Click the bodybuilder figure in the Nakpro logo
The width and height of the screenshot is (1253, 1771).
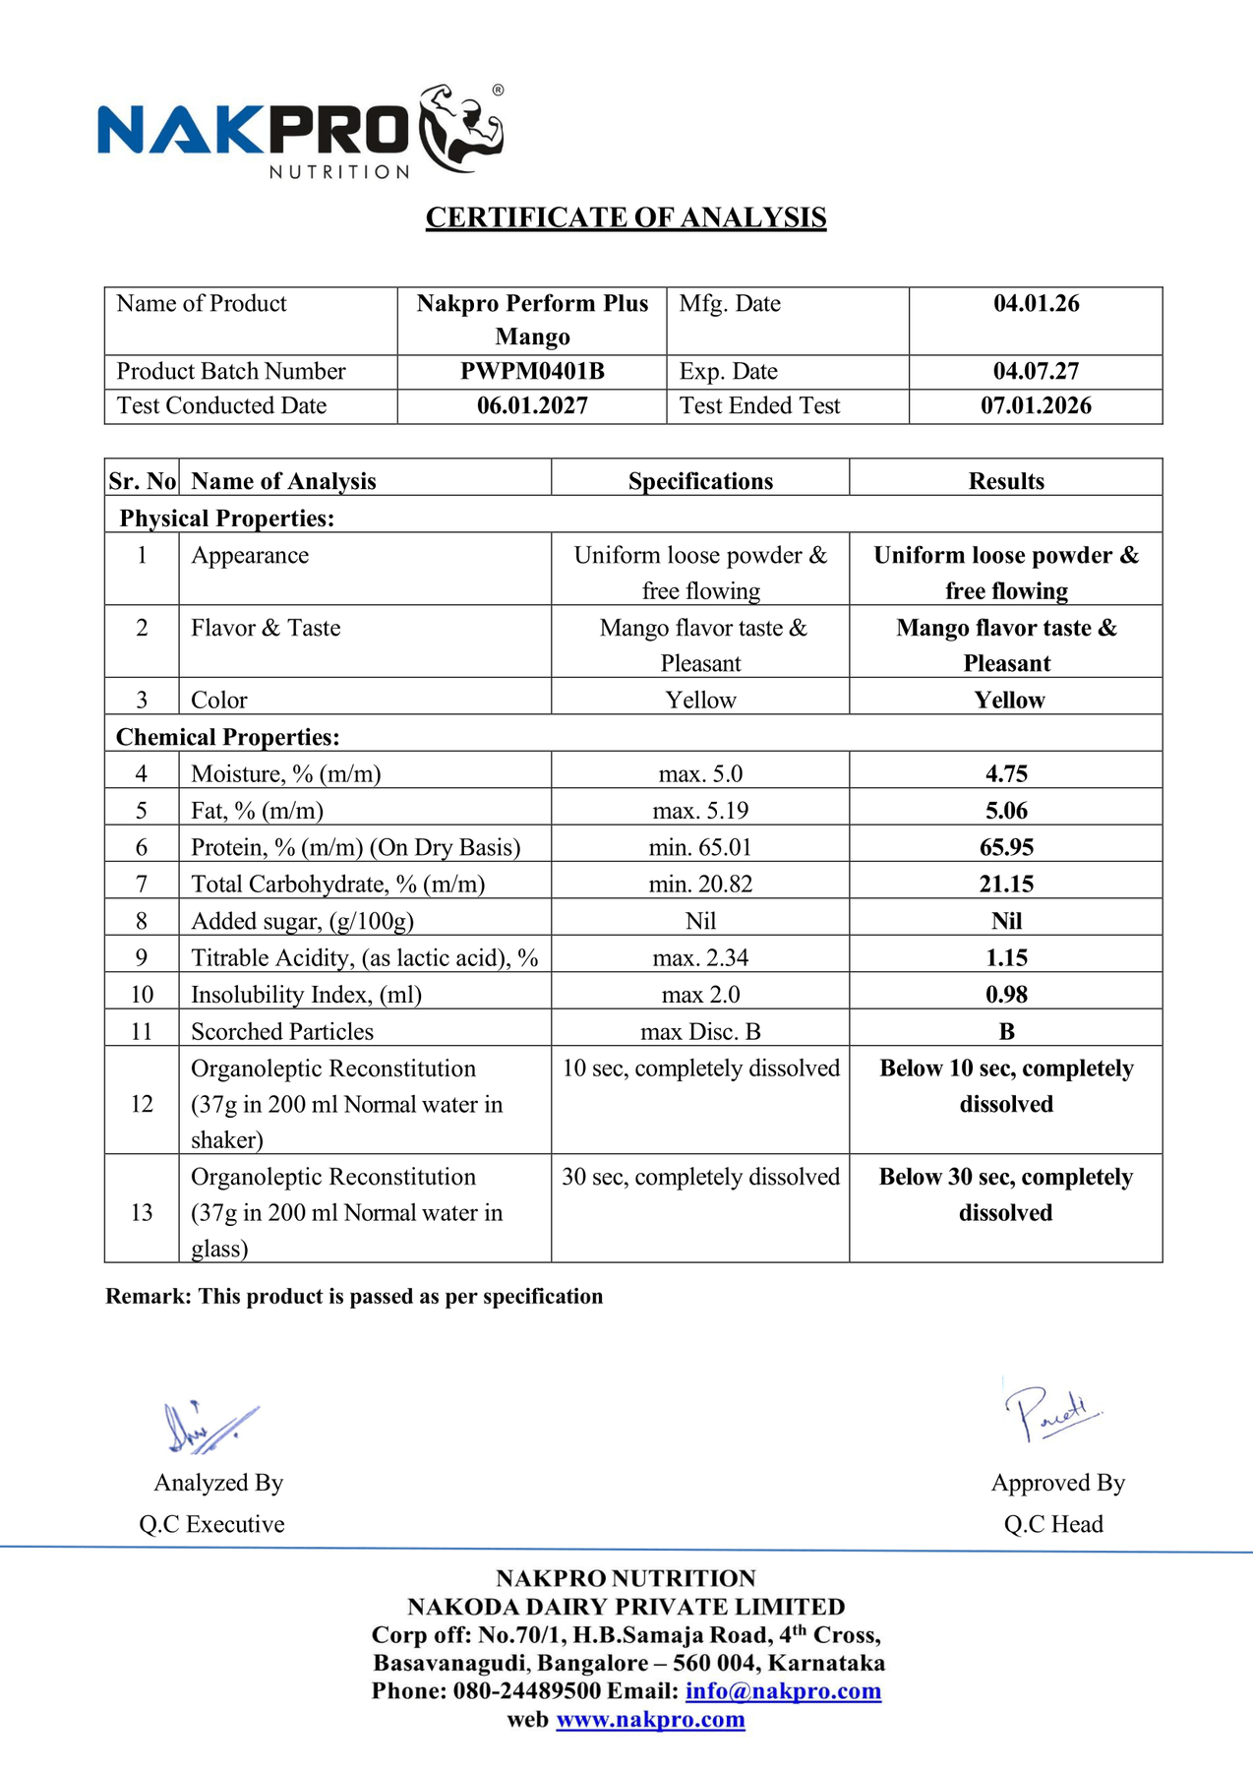click(x=461, y=128)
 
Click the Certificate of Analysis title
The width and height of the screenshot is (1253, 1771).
click(x=626, y=217)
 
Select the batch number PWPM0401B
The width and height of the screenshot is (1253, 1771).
click(x=532, y=371)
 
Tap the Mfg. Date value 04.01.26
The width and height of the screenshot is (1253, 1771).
click(x=1036, y=303)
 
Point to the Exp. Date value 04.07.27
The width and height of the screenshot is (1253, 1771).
click(x=1036, y=371)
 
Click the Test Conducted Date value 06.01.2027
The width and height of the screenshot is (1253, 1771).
click(x=532, y=405)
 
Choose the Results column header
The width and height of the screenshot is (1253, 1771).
click(x=1006, y=481)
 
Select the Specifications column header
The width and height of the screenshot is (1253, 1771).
click(x=700, y=481)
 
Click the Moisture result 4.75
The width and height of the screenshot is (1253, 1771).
click(x=1006, y=773)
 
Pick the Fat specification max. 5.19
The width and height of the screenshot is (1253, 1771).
click(x=700, y=811)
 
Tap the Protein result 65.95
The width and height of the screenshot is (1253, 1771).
click(x=1006, y=847)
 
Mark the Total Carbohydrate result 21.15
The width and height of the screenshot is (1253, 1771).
click(x=1006, y=884)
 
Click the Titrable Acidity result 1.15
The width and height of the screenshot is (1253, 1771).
click(x=1006, y=957)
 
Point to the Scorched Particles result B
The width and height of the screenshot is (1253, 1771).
click(x=1006, y=1031)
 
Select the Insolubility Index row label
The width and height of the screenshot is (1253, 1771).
click(x=306, y=995)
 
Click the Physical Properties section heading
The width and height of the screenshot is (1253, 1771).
click(x=227, y=519)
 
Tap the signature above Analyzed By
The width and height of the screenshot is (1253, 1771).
click(x=209, y=1428)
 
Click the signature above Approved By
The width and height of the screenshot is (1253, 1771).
click(x=1050, y=1413)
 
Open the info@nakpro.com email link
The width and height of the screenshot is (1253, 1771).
click(x=783, y=1691)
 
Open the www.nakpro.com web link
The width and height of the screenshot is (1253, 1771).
click(x=650, y=1720)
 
